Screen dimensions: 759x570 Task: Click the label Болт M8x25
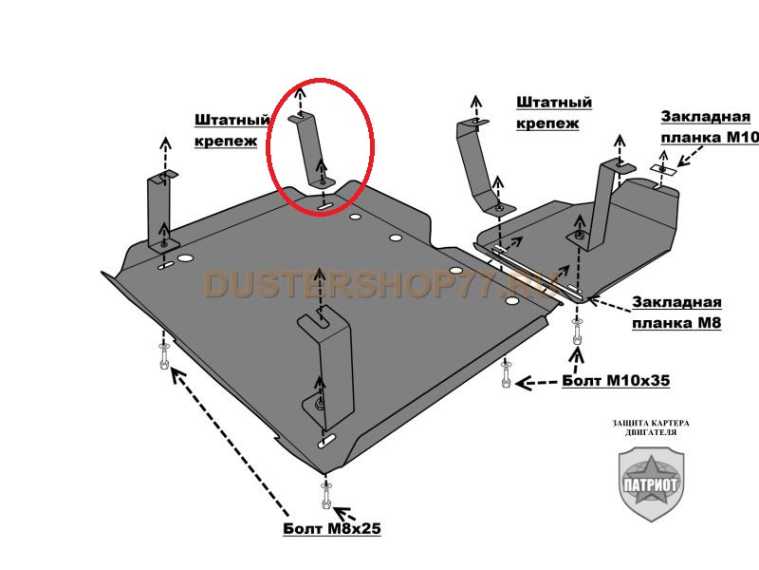tap(331, 528)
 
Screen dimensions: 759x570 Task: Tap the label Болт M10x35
tap(616, 381)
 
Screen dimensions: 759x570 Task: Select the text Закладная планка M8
tap(676, 313)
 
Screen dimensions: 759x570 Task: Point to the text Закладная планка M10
tap(710, 127)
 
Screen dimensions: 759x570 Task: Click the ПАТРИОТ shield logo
tap(651, 484)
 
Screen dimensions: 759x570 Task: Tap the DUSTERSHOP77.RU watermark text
tap(380, 284)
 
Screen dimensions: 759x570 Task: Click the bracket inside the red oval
tap(311, 149)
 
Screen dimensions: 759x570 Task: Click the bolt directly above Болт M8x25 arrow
tap(325, 497)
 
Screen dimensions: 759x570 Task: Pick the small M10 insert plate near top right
tap(663, 169)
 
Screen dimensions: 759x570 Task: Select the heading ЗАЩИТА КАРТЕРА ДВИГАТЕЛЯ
tap(651, 427)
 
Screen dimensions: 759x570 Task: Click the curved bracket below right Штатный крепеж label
tap(479, 167)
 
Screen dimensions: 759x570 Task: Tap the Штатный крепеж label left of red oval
tap(231, 130)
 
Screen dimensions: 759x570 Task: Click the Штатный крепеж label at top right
tap(554, 112)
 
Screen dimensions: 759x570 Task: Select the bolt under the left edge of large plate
tap(163, 356)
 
